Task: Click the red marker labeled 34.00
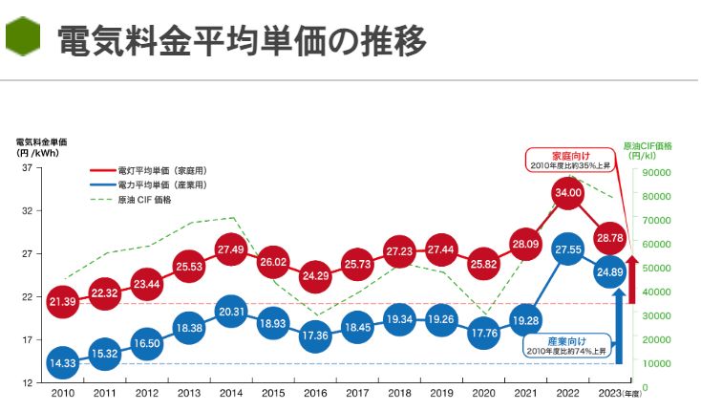coord(567,193)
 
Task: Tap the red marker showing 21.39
coord(62,301)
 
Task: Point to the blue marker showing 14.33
coord(62,362)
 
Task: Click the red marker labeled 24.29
coord(315,276)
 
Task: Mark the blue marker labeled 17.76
coord(483,334)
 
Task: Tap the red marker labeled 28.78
coord(609,237)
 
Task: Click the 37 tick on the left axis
coord(27,168)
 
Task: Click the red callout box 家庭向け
coord(566,159)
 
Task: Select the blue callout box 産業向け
coord(563,346)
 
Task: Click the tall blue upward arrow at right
coord(619,325)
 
